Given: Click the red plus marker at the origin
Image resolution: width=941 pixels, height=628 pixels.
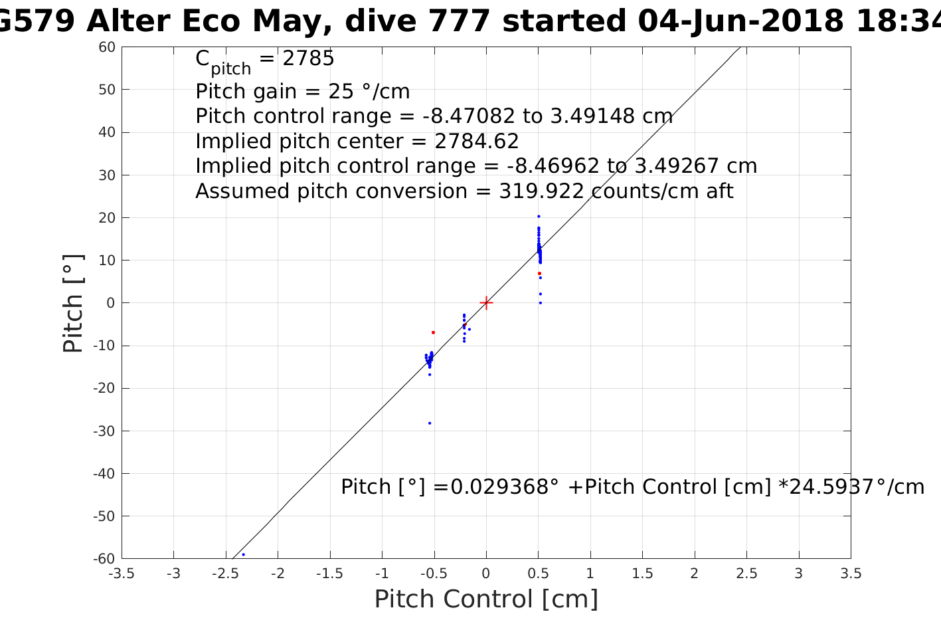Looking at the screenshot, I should (x=486, y=303).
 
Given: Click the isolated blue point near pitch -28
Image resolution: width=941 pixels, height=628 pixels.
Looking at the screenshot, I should (x=430, y=423).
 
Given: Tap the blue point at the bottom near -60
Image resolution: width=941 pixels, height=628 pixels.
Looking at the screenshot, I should (x=243, y=554).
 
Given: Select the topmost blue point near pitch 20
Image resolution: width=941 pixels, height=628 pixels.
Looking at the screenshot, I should (x=539, y=216).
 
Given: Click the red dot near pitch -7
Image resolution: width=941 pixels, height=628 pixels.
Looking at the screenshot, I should (x=433, y=332).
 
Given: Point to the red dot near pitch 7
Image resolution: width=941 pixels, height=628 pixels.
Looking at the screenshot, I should (x=539, y=273).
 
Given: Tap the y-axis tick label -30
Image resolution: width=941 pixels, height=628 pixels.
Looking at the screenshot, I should (x=106, y=431).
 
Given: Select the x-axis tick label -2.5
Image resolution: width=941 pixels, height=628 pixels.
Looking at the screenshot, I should (x=226, y=574).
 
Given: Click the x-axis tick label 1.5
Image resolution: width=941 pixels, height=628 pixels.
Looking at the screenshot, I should (x=642, y=574).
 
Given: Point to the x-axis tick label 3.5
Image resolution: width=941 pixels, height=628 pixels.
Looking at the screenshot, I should (x=851, y=574).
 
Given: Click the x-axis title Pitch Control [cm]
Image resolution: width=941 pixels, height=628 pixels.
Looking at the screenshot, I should (x=486, y=599).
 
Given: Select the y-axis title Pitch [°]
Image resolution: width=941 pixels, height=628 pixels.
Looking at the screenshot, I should (x=73, y=303).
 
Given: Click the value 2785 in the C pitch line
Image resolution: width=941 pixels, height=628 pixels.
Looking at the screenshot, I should (x=308, y=59).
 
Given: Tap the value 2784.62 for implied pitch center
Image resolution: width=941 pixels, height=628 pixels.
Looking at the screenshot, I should (x=476, y=142).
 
